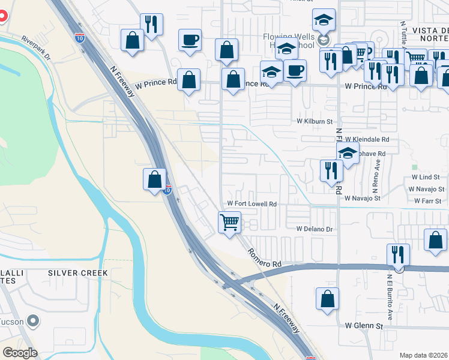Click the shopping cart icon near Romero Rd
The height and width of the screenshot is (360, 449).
[230, 223]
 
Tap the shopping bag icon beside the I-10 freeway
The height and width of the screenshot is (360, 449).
[155, 179]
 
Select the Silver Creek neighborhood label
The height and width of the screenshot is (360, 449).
[78, 273]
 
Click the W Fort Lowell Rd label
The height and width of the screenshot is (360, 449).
[252, 205]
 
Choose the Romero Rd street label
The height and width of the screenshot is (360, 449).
[265, 254]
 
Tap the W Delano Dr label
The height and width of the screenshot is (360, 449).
[315, 229]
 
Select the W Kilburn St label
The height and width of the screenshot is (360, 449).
[315, 121]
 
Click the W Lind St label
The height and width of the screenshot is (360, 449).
[426, 178]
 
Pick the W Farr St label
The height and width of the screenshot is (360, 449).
[427, 201]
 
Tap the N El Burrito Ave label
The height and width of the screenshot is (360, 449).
[389, 296]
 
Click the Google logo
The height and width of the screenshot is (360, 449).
[19, 352]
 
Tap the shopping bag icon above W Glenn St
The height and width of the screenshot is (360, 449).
[327, 298]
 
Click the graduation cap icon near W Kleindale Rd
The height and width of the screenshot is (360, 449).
[348, 153]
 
